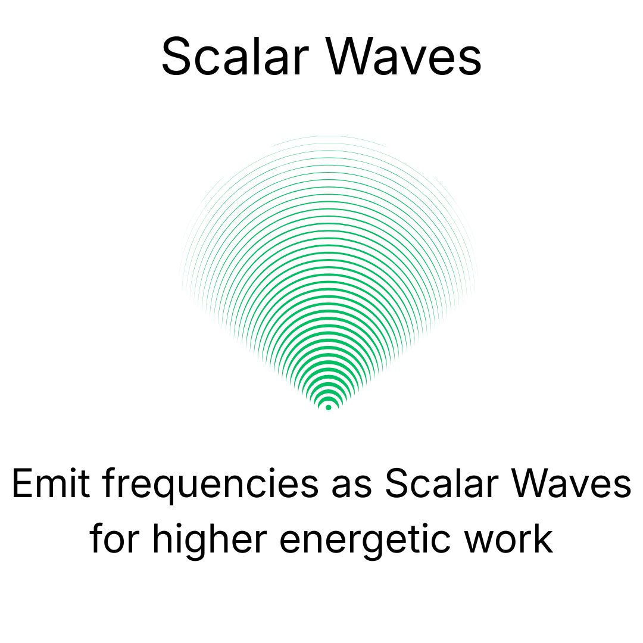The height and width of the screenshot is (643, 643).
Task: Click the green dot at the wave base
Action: coord(328,407)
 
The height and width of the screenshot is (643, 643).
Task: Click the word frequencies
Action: coord(210,486)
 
